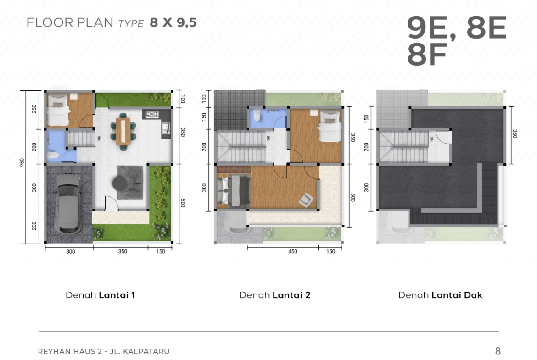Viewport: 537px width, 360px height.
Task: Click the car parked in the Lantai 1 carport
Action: (68, 204)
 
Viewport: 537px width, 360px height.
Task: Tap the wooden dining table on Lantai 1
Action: (123, 131)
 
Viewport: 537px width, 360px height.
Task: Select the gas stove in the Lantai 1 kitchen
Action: (152, 114)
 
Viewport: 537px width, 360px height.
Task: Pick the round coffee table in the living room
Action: (120, 183)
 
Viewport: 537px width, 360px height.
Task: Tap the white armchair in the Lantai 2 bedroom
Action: (306, 200)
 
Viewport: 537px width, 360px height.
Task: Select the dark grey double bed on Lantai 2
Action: (234, 191)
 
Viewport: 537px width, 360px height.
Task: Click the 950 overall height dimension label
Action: (22, 162)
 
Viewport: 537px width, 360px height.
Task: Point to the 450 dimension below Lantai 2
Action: (293, 251)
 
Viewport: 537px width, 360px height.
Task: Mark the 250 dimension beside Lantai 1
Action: (34, 109)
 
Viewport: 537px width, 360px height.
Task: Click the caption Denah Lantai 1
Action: (100, 295)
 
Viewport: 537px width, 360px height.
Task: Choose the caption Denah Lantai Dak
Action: (440, 295)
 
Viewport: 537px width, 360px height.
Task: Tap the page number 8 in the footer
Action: (498, 351)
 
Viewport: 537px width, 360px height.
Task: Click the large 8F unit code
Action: (427, 55)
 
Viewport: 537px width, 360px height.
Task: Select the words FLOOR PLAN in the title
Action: (70, 22)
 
